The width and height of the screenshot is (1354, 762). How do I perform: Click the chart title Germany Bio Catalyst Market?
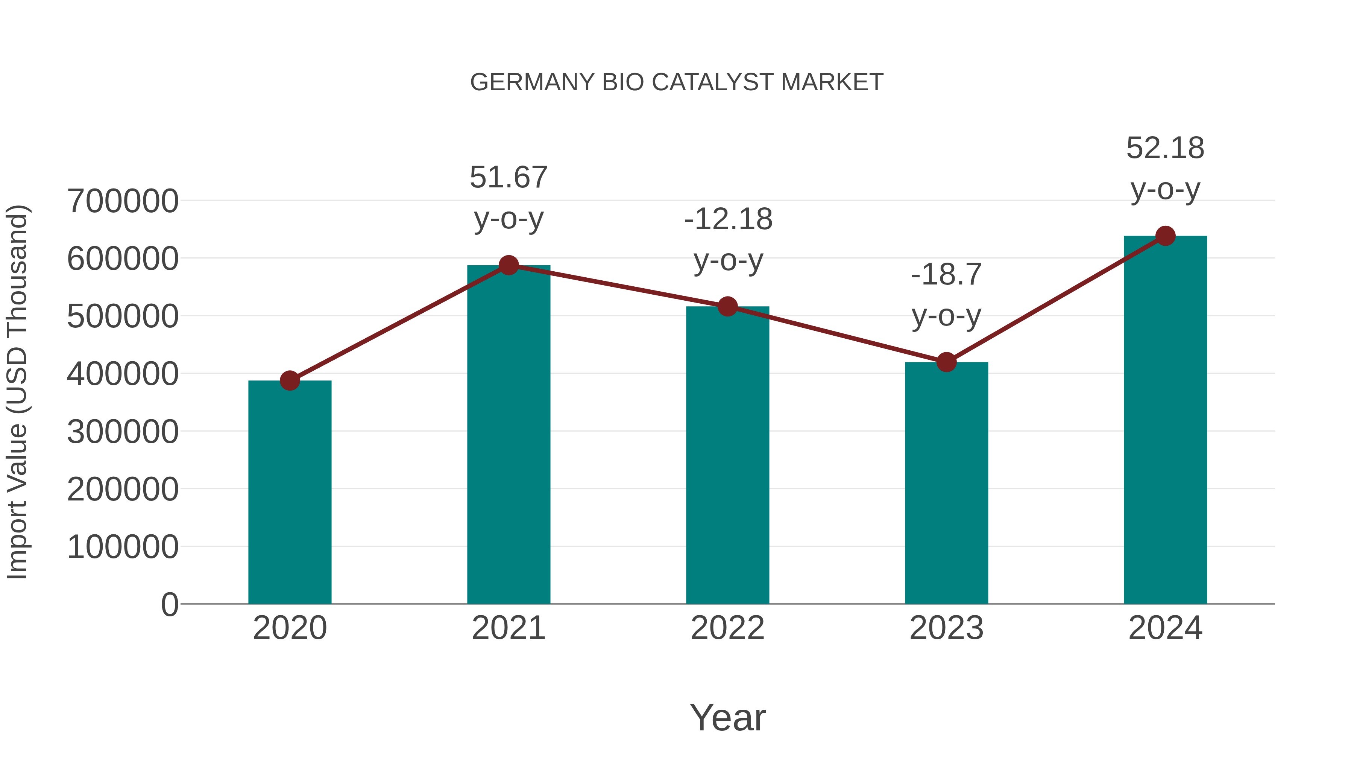[677, 82]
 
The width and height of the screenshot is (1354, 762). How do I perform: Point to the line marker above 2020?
[290, 380]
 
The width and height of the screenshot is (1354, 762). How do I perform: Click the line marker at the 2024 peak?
[1165, 236]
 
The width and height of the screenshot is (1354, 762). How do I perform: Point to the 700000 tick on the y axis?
[123, 201]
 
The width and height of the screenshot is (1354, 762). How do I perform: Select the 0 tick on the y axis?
[170, 604]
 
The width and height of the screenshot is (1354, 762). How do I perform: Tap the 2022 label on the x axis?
[727, 628]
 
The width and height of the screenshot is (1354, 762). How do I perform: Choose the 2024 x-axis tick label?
[1165, 628]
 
